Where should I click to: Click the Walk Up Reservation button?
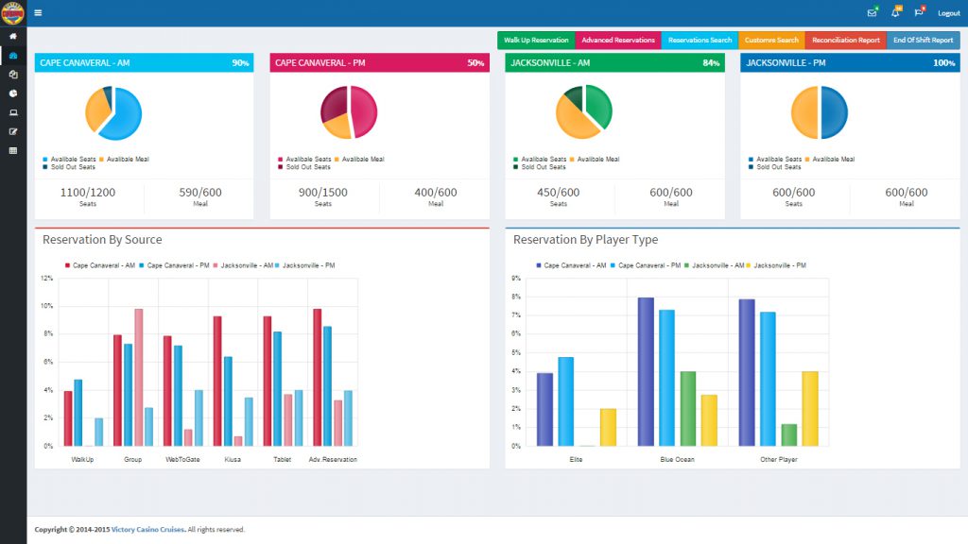536,41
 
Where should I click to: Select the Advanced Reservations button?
618,41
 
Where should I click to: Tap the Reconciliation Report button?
846,41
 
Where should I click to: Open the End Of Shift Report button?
923,41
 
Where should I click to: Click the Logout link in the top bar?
948,13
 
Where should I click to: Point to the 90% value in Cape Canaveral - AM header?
240,63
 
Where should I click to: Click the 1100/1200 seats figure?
88,193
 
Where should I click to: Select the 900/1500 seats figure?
323,193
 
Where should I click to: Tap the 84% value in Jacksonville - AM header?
711,63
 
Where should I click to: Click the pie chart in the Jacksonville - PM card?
820,112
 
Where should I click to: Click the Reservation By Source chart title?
102,240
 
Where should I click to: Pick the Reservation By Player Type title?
585,240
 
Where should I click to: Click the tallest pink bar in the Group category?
138,377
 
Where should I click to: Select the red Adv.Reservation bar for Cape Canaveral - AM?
317,377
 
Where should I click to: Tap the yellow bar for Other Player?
809,408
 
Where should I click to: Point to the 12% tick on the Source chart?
47,279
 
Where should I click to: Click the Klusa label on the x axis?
233,459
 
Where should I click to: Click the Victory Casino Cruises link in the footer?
147,530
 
